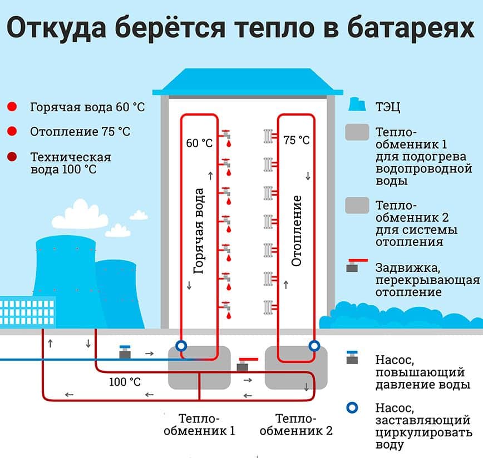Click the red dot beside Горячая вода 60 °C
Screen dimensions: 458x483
(12, 107)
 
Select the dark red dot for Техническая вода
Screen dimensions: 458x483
(12, 157)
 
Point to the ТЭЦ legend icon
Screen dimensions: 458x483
(356, 106)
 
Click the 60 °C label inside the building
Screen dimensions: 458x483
(199, 143)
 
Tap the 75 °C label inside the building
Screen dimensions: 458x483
(296, 140)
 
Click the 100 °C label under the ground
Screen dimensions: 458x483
(125, 382)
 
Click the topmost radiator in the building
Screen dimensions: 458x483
(268, 136)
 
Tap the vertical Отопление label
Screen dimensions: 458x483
(296, 230)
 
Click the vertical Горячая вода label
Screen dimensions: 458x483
(199, 231)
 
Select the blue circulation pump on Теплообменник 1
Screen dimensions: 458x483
(180, 346)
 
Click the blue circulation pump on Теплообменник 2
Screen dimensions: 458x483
(314, 346)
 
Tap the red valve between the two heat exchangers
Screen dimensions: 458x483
(243, 364)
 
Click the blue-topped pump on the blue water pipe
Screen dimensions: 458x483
(125, 353)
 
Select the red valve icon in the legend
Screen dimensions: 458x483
(354, 265)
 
